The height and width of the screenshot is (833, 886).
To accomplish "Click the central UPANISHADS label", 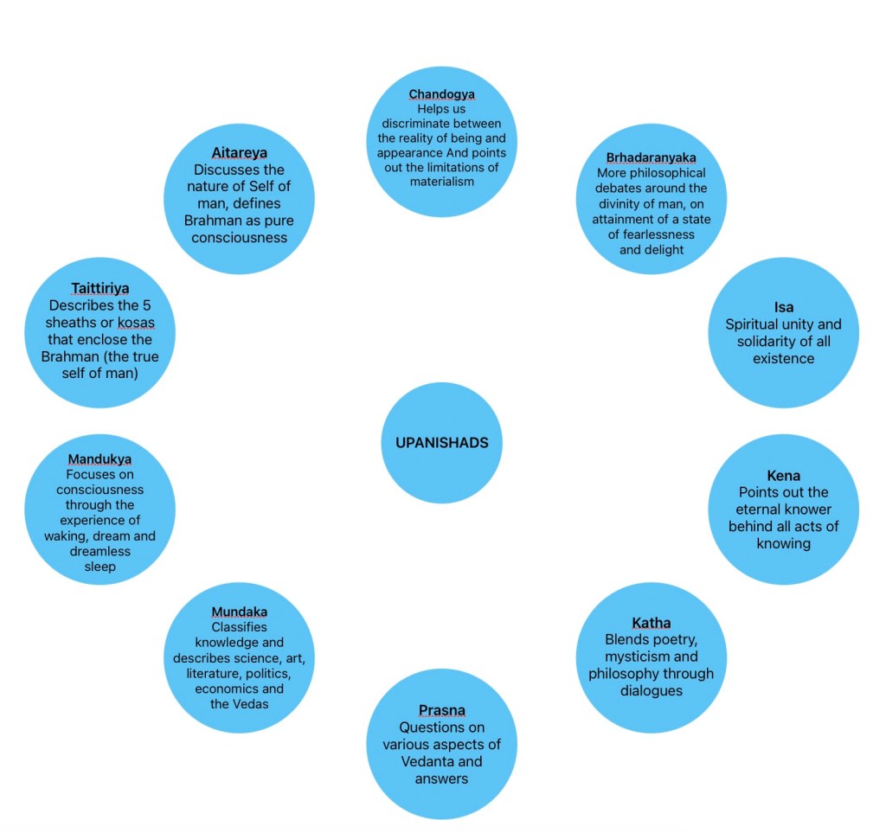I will pyautogui.click(x=441, y=443).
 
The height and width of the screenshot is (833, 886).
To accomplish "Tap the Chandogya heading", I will pyautogui.click(x=441, y=94).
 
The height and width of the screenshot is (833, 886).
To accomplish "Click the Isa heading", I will pyautogui.click(x=783, y=307).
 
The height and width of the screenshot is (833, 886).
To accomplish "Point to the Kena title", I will pyautogui.click(x=783, y=476).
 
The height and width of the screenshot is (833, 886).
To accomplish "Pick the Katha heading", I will pyautogui.click(x=651, y=623).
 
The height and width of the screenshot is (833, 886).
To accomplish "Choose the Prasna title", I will pyautogui.click(x=441, y=710).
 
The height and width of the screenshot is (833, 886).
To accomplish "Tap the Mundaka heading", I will pyautogui.click(x=239, y=612).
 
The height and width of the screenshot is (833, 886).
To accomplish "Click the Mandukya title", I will pyautogui.click(x=100, y=459).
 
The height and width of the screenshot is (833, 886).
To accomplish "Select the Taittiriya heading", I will pyautogui.click(x=100, y=288).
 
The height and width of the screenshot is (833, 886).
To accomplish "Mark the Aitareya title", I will pyautogui.click(x=239, y=153).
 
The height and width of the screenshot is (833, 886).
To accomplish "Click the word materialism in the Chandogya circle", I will pyautogui.click(x=441, y=182).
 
